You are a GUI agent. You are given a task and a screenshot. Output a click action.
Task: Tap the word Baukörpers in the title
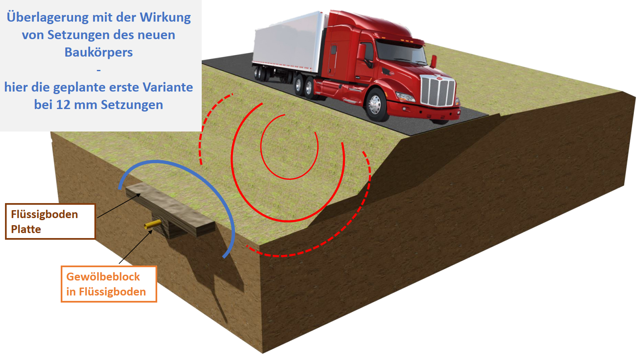[99, 52]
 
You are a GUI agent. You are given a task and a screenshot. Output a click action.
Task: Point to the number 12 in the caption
[62, 104]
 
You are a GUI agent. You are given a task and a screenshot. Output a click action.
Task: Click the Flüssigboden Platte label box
[50, 221]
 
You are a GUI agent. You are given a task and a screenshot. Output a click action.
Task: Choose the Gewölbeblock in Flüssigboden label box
[109, 284]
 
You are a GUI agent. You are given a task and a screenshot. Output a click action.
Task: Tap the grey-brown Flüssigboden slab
[171, 209]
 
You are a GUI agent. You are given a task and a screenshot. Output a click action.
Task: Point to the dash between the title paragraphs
[99, 70]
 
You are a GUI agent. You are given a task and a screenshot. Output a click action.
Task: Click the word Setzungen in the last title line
[132, 104]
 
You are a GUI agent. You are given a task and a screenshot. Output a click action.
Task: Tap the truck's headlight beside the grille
[406, 97]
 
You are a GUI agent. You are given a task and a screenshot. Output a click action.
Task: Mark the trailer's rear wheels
[262, 74]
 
